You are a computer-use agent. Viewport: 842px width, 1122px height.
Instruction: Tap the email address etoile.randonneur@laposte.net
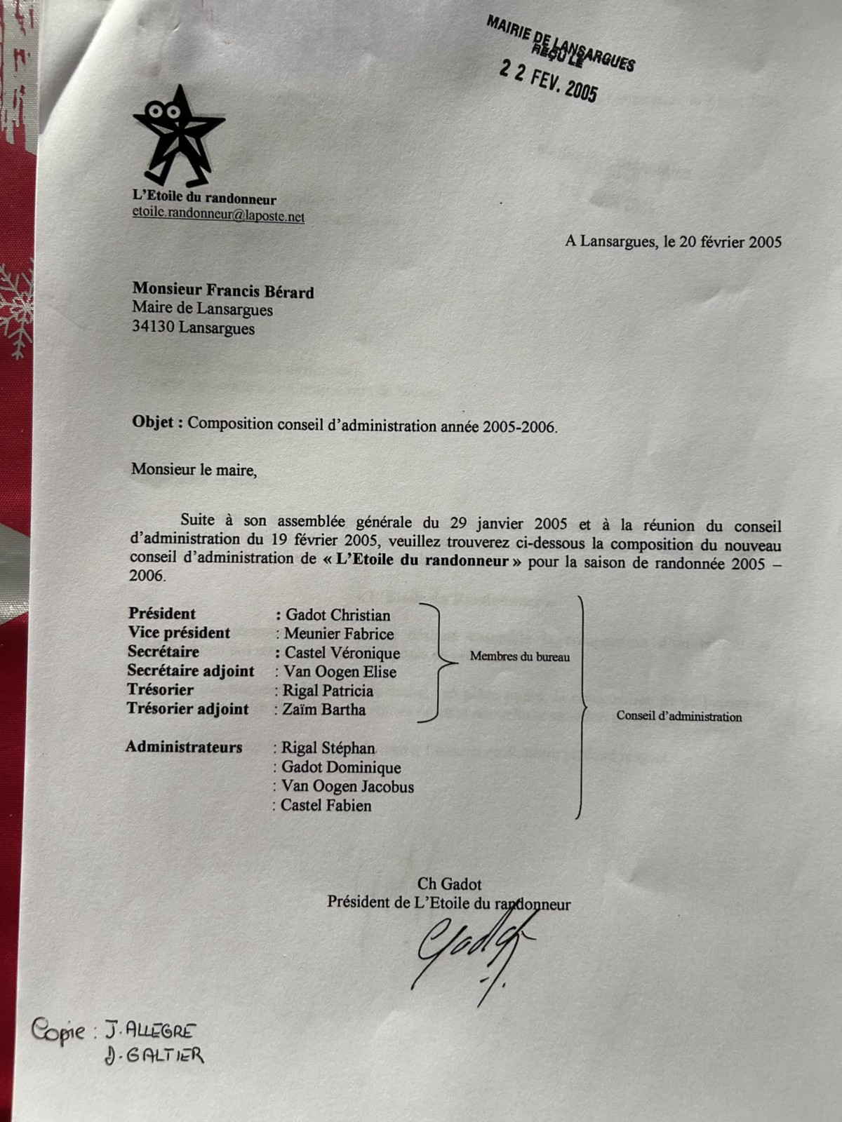[x=218, y=216]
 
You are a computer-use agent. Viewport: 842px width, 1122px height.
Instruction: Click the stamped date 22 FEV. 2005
[x=548, y=81]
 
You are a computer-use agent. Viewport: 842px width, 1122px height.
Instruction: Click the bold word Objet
[x=157, y=423]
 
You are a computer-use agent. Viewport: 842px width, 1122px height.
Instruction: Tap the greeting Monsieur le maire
[x=194, y=470]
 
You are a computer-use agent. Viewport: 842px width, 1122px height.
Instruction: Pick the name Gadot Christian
[x=338, y=615]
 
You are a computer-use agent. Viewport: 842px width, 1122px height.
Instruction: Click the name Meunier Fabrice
[x=339, y=634]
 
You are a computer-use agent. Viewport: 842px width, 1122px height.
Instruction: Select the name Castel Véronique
[x=342, y=653]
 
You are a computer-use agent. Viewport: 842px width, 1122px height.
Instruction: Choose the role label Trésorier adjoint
[x=187, y=709]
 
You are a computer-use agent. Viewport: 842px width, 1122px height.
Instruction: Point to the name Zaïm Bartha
[x=323, y=710]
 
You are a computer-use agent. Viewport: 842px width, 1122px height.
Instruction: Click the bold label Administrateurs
[x=184, y=747]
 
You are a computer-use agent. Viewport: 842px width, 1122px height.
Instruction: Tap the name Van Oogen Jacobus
[x=347, y=787]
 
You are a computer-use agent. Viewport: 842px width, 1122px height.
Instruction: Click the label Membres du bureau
[x=519, y=657]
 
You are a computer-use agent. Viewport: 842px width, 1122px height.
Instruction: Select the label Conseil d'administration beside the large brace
[x=679, y=717]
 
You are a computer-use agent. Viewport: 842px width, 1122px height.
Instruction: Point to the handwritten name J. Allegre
[x=150, y=1031]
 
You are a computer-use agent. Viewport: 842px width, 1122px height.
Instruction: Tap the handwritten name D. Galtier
[x=154, y=1055]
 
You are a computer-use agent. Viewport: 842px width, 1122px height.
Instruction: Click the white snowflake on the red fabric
[x=15, y=309]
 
